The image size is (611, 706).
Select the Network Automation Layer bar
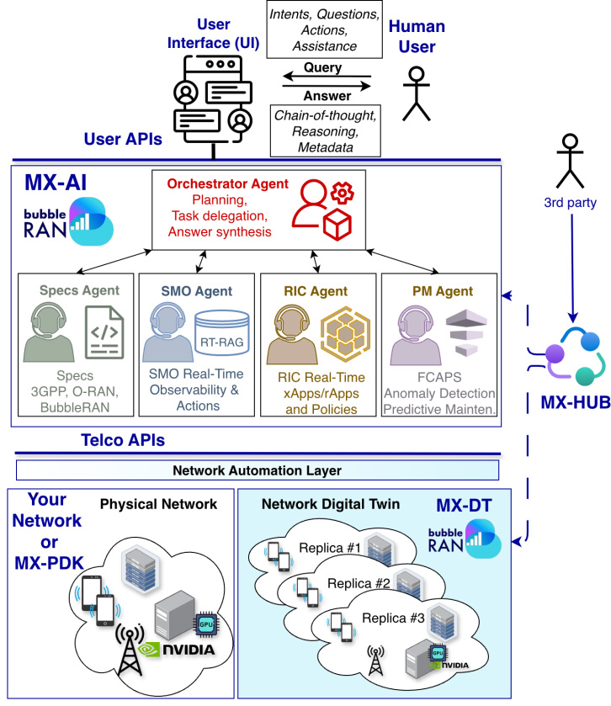pos(258,470)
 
